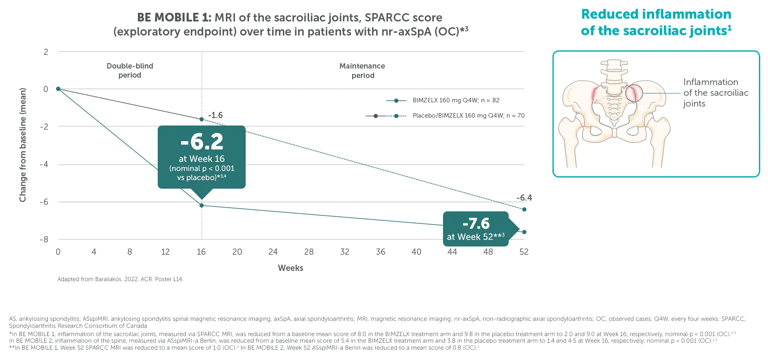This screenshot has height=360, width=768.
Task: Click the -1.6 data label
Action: (215, 115)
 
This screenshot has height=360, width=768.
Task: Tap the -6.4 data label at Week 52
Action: (524, 198)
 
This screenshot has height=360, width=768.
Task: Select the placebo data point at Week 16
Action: (201, 119)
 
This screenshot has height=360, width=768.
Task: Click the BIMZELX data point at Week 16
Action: (201, 205)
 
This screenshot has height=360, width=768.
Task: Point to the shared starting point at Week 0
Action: (58, 89)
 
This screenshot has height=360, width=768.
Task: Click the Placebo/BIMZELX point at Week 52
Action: (524, 209)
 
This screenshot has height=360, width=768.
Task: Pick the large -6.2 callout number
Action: (201, 142)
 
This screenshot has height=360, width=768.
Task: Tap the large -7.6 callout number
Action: (476, 223)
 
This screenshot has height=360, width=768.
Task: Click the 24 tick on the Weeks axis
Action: (273, 252)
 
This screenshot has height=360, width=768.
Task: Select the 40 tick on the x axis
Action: (416, 252)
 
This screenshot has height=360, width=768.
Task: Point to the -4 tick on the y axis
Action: (44, 164)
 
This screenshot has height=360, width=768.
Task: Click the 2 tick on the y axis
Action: (46, 52)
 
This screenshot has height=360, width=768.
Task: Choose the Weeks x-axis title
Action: (290, 268)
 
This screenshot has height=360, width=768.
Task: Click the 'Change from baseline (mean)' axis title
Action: (23, 145)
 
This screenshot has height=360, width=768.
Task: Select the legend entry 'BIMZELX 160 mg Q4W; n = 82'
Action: (456, 100)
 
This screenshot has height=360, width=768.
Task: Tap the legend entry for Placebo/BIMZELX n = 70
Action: (468, 116)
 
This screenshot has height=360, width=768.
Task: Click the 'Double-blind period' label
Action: (130, 71)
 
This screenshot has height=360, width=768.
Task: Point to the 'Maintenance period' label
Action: (362, 71)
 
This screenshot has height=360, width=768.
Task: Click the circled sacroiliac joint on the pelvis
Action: (634, 93)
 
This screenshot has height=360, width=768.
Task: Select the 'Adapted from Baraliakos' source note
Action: (120, 279)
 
